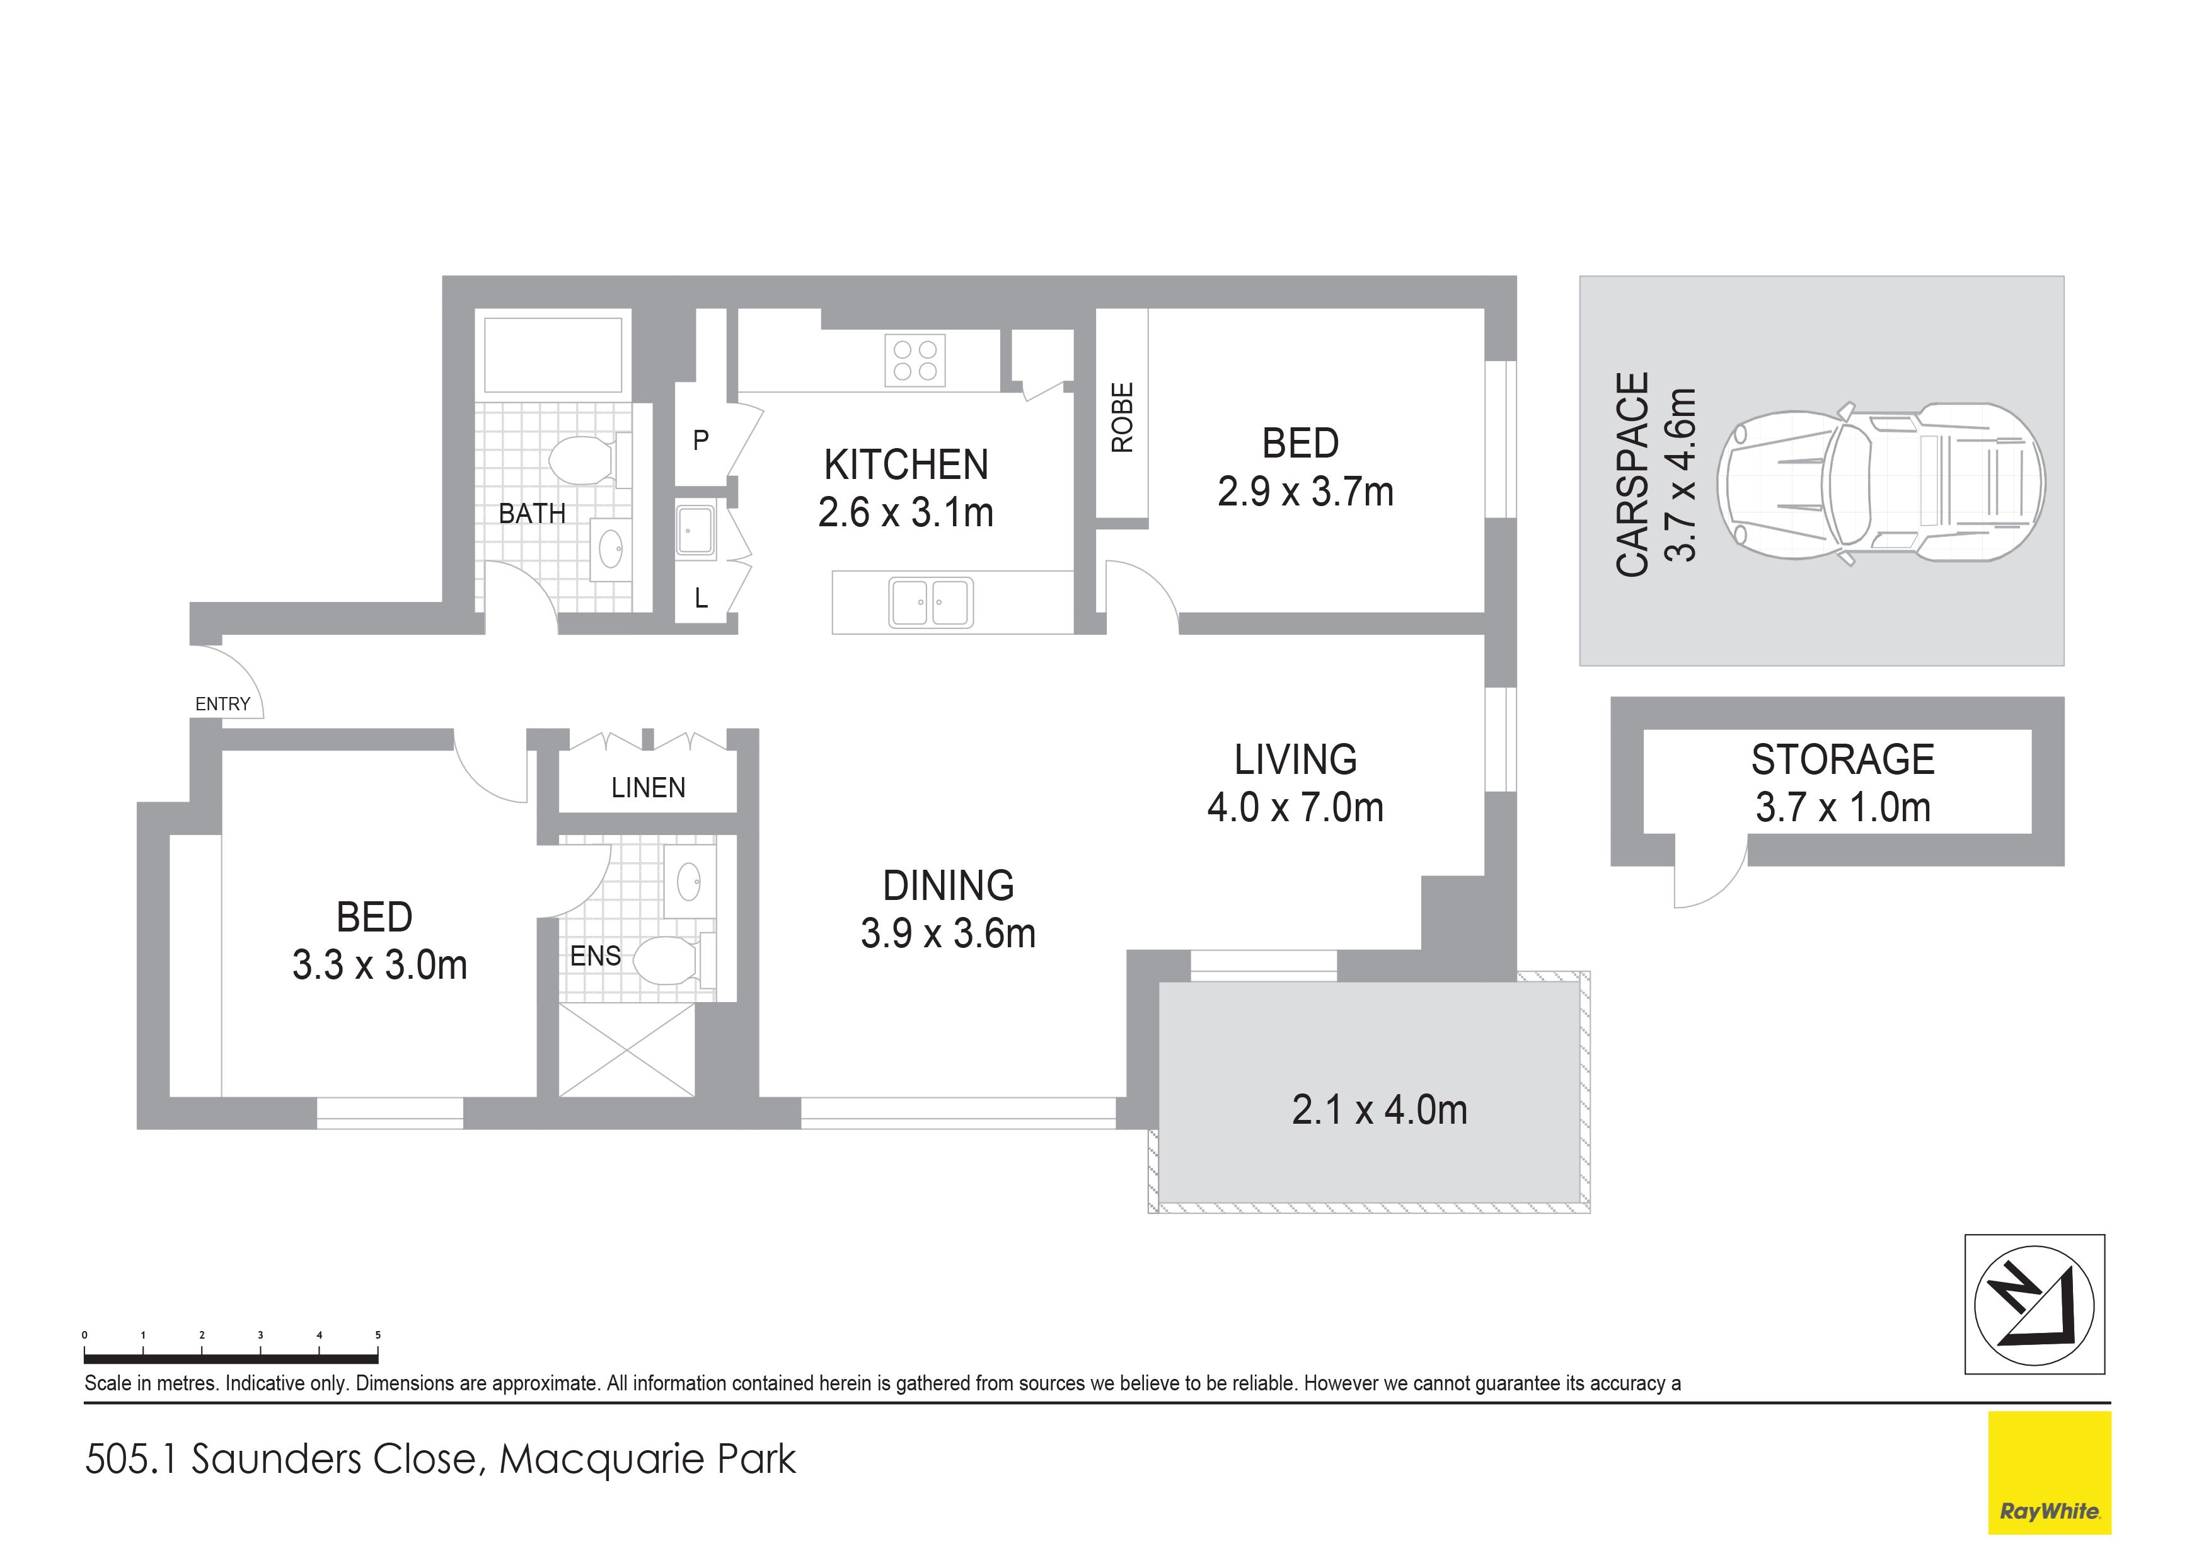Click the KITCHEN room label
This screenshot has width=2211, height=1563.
(x=906, y=465)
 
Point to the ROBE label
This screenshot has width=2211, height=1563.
(x=1123, y=417)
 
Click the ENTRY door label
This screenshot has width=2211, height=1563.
(x=222, y=704)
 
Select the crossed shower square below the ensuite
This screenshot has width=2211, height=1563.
(x=627, y=1050)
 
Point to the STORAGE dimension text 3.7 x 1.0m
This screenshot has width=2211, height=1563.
(x=1843, y=807)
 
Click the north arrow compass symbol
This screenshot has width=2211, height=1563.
(x=2034, y=1305)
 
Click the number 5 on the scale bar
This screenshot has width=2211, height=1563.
(x=378, y=1335)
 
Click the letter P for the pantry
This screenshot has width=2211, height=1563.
(x=701, y=440)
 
